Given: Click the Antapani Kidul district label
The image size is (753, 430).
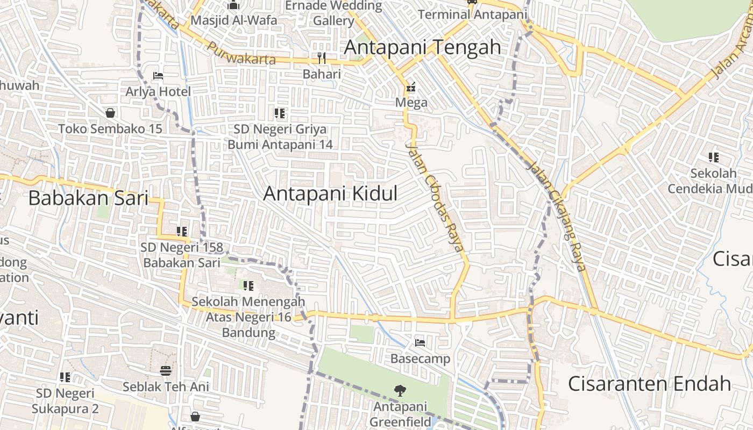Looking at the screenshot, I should (x=330, y=193).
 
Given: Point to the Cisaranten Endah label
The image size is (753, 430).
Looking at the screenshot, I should (x=649, y=384).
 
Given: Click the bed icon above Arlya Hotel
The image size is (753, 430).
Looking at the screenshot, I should (x=158, y=76).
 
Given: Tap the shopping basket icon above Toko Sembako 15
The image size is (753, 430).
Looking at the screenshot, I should (x=110, y=113).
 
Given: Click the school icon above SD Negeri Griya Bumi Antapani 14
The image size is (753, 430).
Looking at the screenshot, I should (x=280, y=113).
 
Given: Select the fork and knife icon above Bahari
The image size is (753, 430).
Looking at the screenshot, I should (x=322, y=58).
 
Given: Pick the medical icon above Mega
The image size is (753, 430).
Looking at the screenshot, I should (x=411, y=87).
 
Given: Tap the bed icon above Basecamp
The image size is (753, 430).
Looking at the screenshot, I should (x=420, y=342).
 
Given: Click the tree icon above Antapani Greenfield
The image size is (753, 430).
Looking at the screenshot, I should (x=400, y=391).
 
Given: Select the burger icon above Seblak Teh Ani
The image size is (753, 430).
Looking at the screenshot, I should (x=166, y=370).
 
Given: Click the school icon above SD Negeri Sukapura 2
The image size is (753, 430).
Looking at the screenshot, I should (x=65, y=377).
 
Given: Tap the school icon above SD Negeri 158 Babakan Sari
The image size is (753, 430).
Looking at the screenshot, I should (x=182, y=232).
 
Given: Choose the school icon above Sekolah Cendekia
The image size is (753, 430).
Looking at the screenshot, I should (x=714, y=157).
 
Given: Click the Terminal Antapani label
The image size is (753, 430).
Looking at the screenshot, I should (x=472, y=15).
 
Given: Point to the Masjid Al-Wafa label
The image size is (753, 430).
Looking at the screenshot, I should (x=234, y=20).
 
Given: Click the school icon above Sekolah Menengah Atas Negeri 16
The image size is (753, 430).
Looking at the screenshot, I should (x=248, y=286).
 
